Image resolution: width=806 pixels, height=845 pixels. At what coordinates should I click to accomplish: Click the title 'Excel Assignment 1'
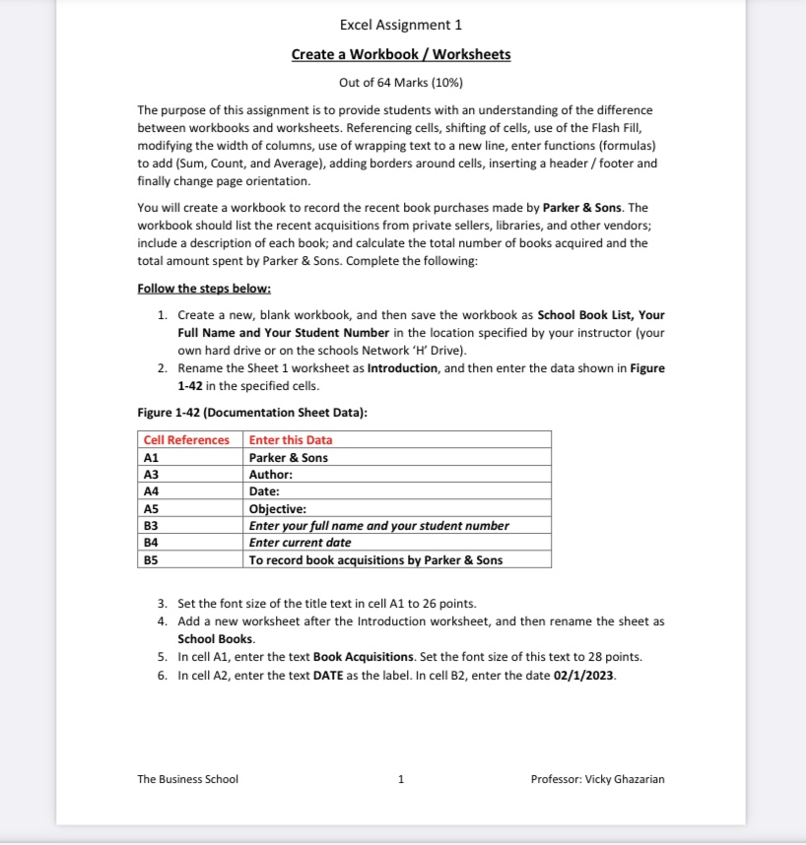(400, 25)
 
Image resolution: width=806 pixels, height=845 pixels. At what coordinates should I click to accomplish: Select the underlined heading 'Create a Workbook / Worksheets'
(400, 54)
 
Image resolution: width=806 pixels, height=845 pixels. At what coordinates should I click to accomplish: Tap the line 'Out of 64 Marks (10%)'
(400, 82)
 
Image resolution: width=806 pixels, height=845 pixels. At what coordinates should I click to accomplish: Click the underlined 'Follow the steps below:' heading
(204, 289)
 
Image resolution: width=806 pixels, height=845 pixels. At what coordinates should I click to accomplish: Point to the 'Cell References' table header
(186, 440)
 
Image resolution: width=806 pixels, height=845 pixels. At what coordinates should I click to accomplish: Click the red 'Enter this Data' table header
(291, 440)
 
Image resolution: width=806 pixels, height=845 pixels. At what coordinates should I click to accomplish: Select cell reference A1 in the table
(152, 458)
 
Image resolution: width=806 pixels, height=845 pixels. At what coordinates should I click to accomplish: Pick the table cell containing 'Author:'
(271, 475)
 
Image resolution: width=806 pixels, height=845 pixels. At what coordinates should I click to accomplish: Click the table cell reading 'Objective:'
(278, 509)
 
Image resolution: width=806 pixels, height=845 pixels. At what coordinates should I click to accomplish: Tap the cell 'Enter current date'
(300, 543)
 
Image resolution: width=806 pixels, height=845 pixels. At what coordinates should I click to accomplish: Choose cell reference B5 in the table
(152, 560)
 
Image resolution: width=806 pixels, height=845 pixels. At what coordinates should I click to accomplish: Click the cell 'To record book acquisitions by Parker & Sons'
(375, 560)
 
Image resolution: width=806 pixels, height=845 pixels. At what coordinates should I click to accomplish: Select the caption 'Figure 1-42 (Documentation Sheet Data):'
(252, 413)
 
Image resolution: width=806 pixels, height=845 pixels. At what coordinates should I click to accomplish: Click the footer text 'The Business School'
(187, 779)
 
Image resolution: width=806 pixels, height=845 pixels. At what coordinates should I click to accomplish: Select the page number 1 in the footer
(400, 779)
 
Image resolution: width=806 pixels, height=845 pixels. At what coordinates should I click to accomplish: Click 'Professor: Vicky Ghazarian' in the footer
(597, 779)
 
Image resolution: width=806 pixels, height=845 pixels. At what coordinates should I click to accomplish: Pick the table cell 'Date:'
(264, 491)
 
